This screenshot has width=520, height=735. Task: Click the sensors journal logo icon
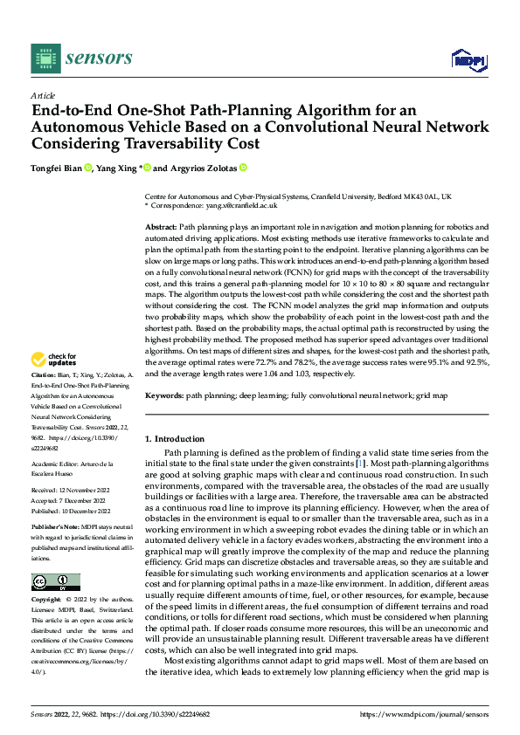point(45,58)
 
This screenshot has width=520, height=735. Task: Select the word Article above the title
point(42,95)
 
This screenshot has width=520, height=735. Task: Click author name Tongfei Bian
point(56,168)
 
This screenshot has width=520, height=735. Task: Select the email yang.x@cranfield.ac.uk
point(242,205)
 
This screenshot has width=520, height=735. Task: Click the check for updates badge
point(54,359)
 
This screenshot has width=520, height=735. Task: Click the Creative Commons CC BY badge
point(55,582)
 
